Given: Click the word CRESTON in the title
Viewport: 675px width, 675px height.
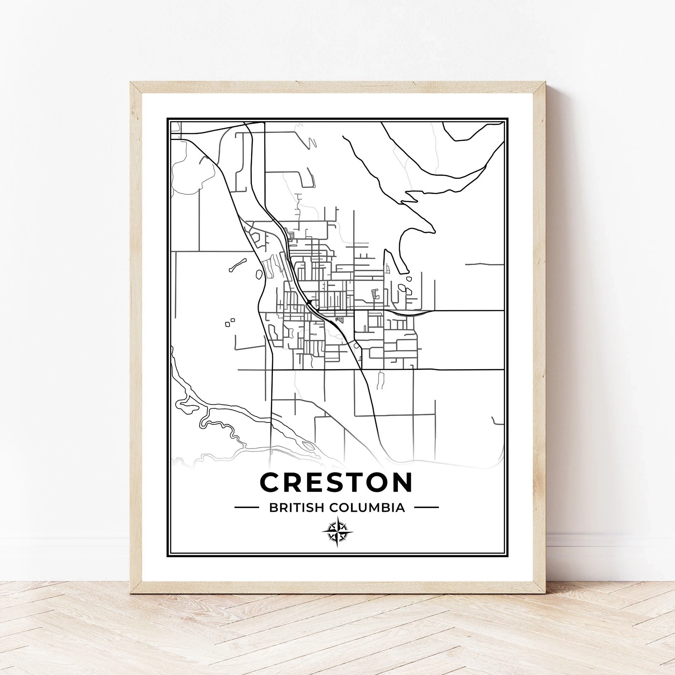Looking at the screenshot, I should coord(336,482).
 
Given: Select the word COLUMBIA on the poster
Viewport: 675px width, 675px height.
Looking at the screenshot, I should coord(367,508).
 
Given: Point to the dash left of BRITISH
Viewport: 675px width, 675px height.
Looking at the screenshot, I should coord(246,508).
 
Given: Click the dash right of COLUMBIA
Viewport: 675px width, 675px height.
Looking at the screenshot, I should coord(426,508).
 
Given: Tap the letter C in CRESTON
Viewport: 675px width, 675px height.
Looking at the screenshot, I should coord(273,482).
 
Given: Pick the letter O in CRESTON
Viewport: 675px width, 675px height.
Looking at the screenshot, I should coord(376,482).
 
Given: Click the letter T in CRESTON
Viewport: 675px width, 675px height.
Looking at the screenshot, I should coord(351,482).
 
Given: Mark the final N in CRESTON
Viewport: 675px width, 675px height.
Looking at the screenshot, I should coord(401,482).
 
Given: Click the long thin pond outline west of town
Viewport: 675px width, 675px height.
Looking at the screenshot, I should coord(237,265).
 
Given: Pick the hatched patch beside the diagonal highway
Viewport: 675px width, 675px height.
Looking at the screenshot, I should coord(339,319).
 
